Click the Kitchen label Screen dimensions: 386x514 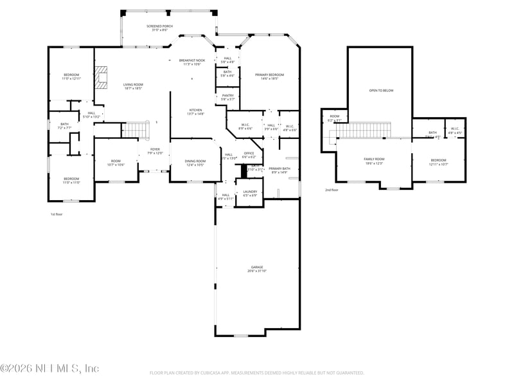point(195,111)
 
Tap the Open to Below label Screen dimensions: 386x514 point(381,91)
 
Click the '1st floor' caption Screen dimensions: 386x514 point(57,214)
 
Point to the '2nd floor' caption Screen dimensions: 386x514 point(332,190)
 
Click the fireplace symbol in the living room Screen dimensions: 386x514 point(101,77)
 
